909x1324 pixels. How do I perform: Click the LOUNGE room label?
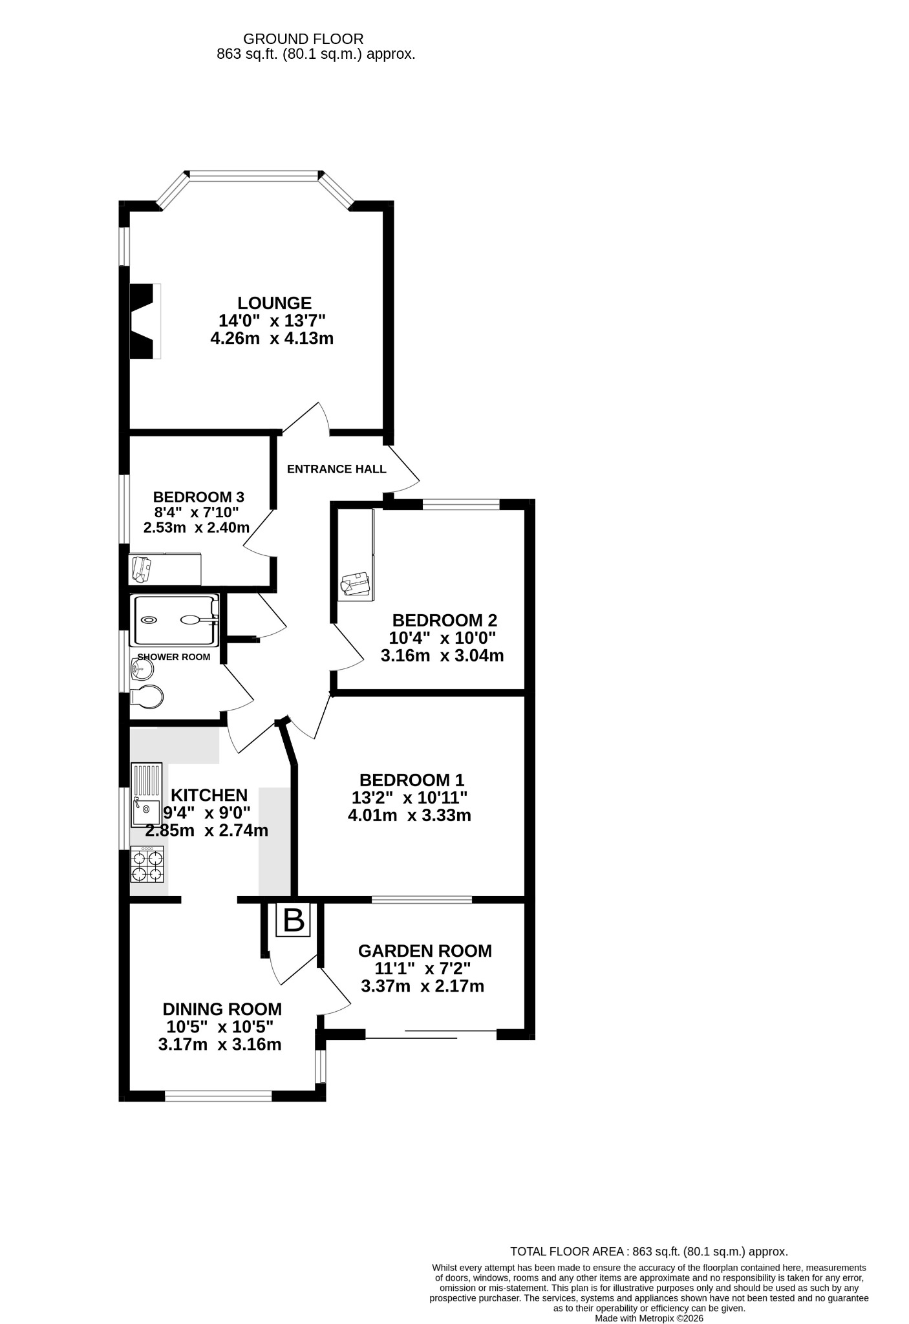[x=274, y=303]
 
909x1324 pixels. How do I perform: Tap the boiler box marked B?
[x=294, y=920]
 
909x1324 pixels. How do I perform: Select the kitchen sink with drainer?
[x=147, y=795]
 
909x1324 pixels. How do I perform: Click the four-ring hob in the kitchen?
[x=147, y=865]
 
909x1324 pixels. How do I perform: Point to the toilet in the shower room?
[x=147, y=698]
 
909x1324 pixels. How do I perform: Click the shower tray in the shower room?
[x=175, y=621]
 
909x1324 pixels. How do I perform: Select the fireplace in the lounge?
[x=145, y=321]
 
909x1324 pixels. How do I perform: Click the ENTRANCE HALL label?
[x=337, y=469]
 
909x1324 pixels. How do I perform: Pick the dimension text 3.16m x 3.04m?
[x=442, y=656]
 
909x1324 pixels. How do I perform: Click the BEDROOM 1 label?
[x=412, y=780]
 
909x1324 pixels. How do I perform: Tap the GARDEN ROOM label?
[x=425, y=951]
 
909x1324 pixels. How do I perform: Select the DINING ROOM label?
[x=222, y=1009]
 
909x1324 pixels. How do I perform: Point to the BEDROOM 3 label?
[x=198, y=497]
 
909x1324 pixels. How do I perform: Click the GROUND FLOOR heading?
[x=303, y=39]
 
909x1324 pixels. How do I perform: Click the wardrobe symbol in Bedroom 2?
[x=356, y=555]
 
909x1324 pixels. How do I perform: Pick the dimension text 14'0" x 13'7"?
[x=272, y=320]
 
